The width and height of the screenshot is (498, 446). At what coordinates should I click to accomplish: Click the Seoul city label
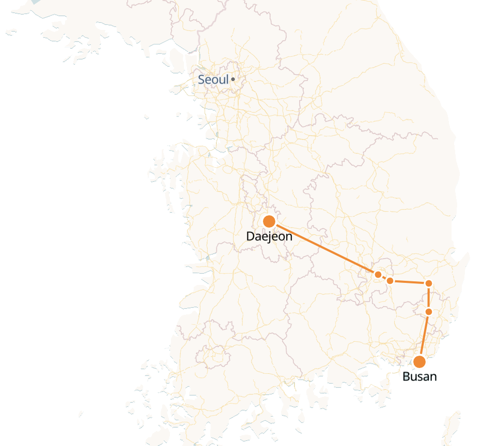point(213,80)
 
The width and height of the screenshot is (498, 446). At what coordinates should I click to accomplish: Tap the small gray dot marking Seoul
point(233,79)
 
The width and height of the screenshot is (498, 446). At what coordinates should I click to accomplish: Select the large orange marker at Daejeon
point(269,221)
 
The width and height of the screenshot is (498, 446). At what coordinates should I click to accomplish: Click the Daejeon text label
point(269,237)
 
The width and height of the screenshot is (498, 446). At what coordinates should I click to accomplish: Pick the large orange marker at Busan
point(419,361)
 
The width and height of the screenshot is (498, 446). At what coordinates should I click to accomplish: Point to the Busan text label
point(419,376)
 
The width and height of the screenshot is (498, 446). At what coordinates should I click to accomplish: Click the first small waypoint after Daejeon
point(378,274)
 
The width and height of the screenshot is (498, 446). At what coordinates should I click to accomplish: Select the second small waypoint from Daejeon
point(391,281)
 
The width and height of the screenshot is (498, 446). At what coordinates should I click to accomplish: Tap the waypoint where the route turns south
point(428,283)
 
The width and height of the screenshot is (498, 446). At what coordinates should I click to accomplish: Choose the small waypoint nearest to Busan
point(428,312)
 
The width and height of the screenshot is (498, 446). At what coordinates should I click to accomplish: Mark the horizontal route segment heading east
point(410,282)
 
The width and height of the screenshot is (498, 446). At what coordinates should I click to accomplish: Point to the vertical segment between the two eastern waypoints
point(428,297)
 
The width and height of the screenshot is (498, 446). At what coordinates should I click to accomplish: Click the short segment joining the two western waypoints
point(384,278)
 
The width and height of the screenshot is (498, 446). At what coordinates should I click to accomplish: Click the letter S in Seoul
point(201,80)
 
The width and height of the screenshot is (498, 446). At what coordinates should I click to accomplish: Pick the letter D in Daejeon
point(251,236)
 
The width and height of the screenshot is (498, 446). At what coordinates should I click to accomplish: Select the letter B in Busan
point(406,376)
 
